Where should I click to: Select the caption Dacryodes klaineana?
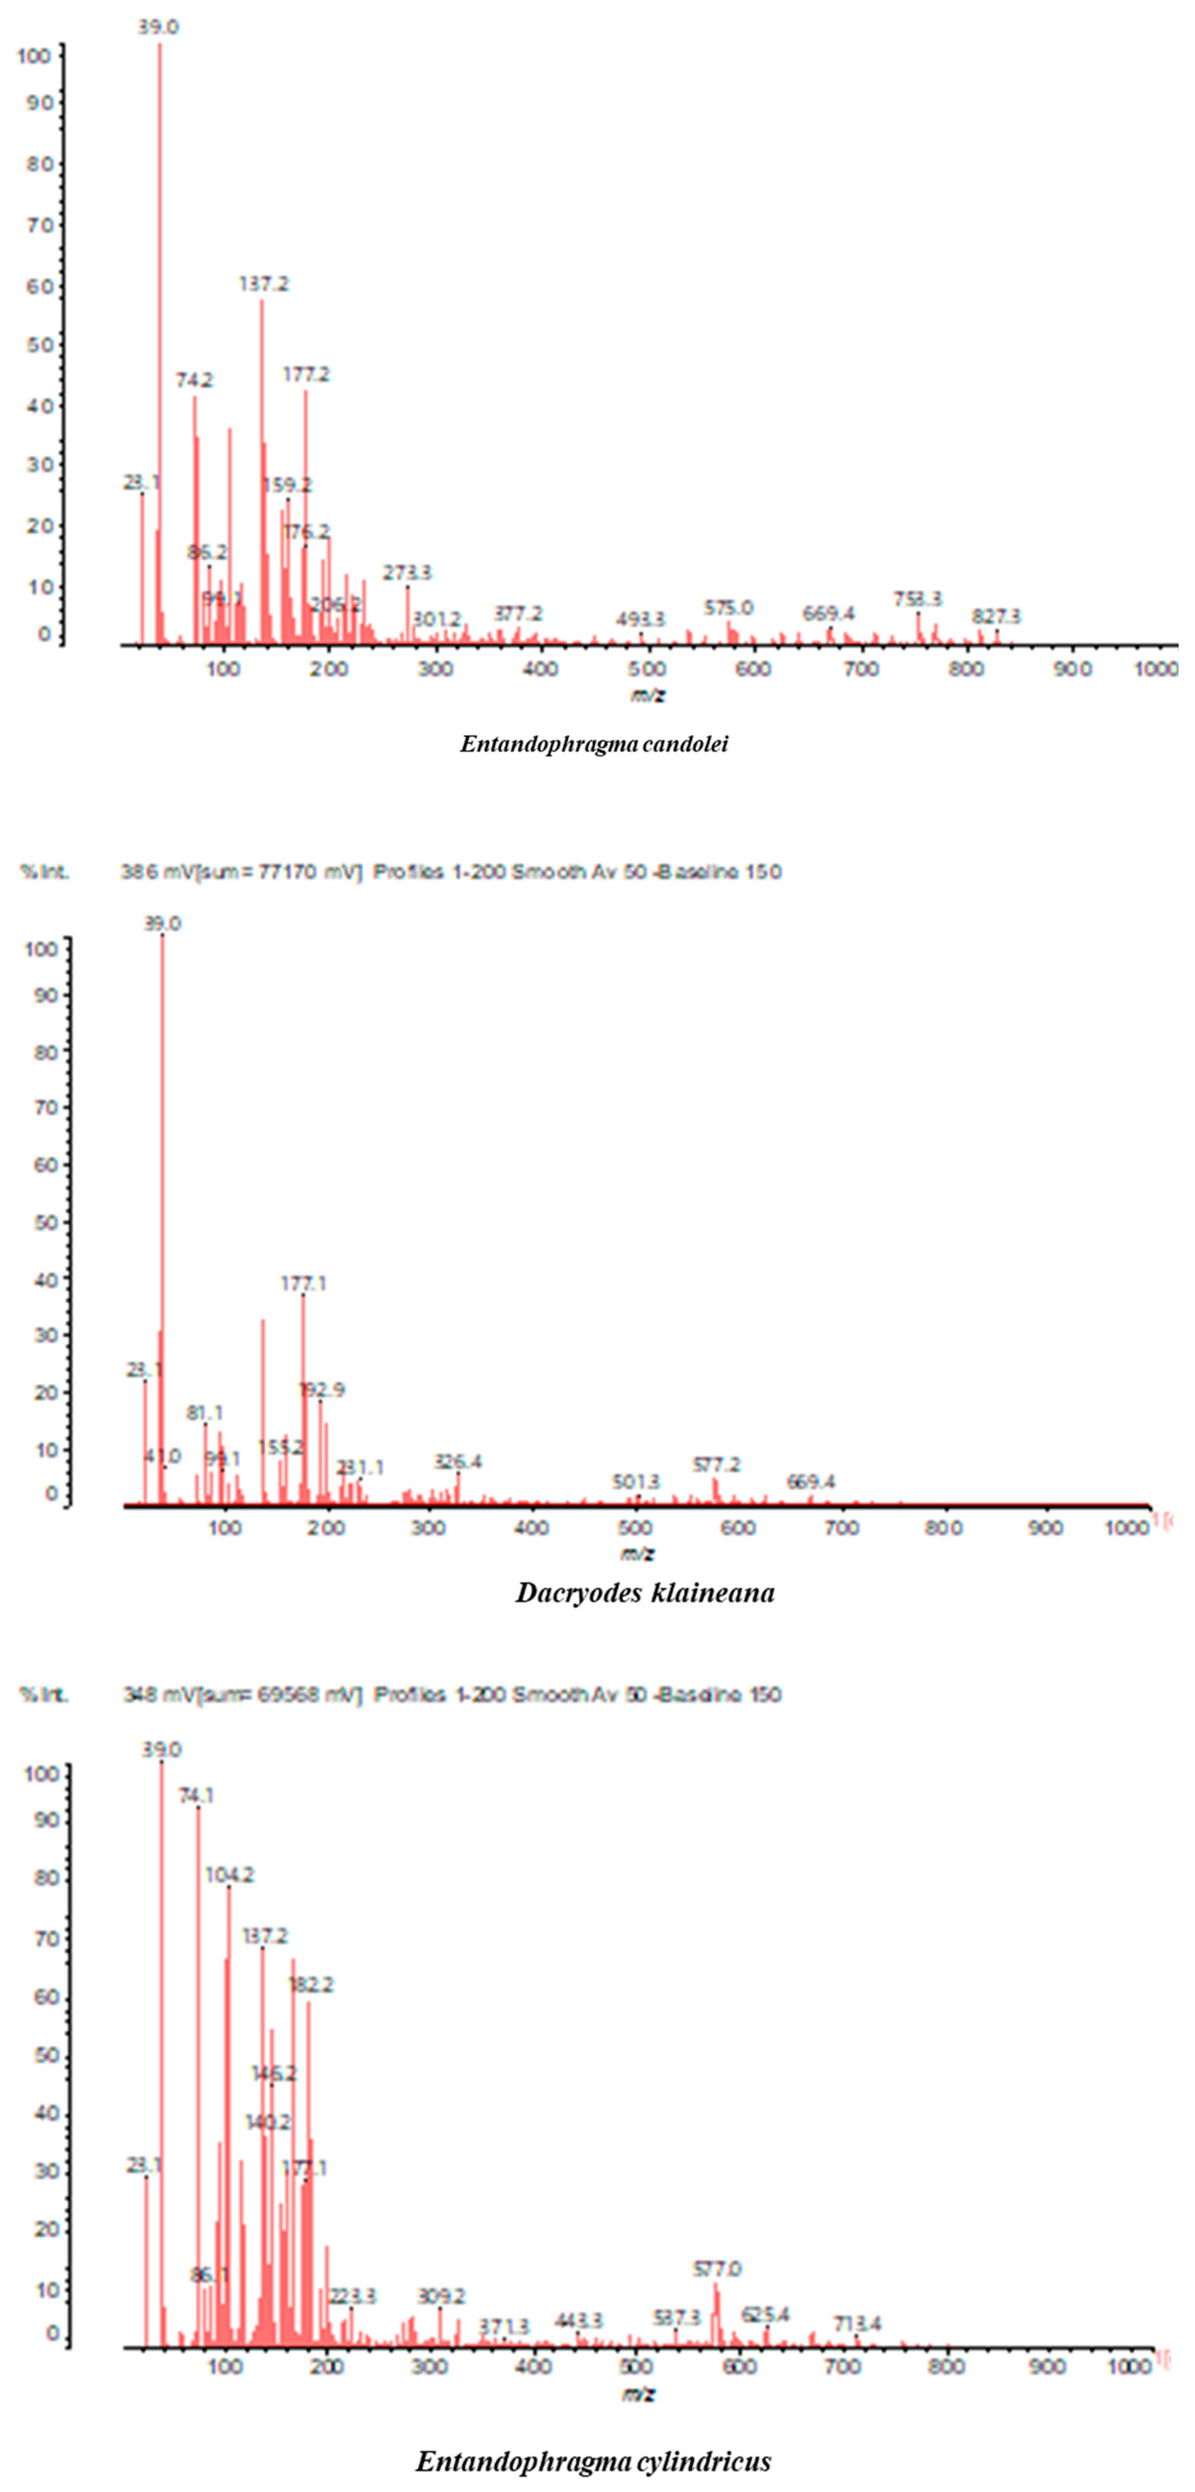pos(644,1592)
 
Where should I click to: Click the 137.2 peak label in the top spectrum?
pos(263,285)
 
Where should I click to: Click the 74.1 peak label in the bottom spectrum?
pos(196,1796)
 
